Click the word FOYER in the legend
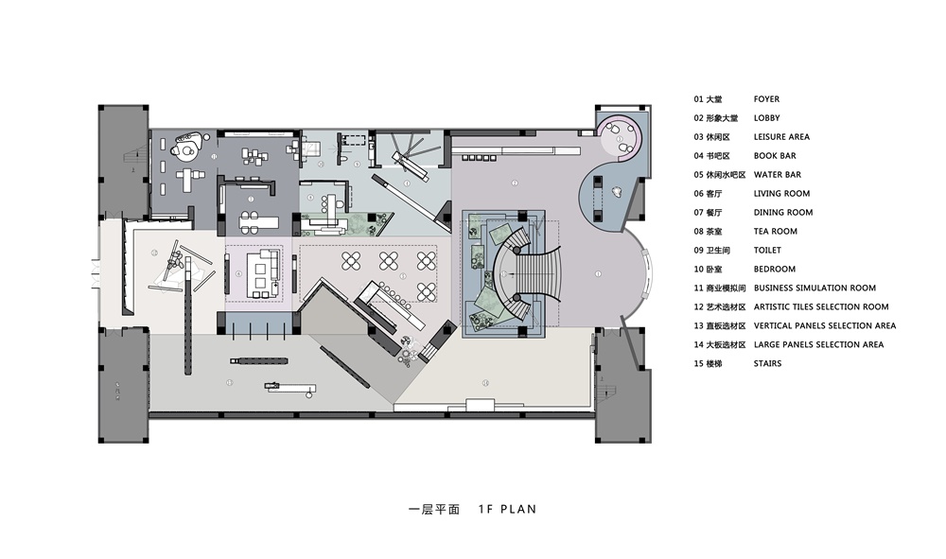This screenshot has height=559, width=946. [x=766, y=99]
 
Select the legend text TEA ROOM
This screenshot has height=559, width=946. [x=775, y=232]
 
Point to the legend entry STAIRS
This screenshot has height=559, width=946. [x=768, y=364]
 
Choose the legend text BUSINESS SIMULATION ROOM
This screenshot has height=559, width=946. [x=815, y=288]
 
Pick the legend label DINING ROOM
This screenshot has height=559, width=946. [x=782, y=213]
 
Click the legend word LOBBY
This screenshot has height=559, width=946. [x=766, y=118]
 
